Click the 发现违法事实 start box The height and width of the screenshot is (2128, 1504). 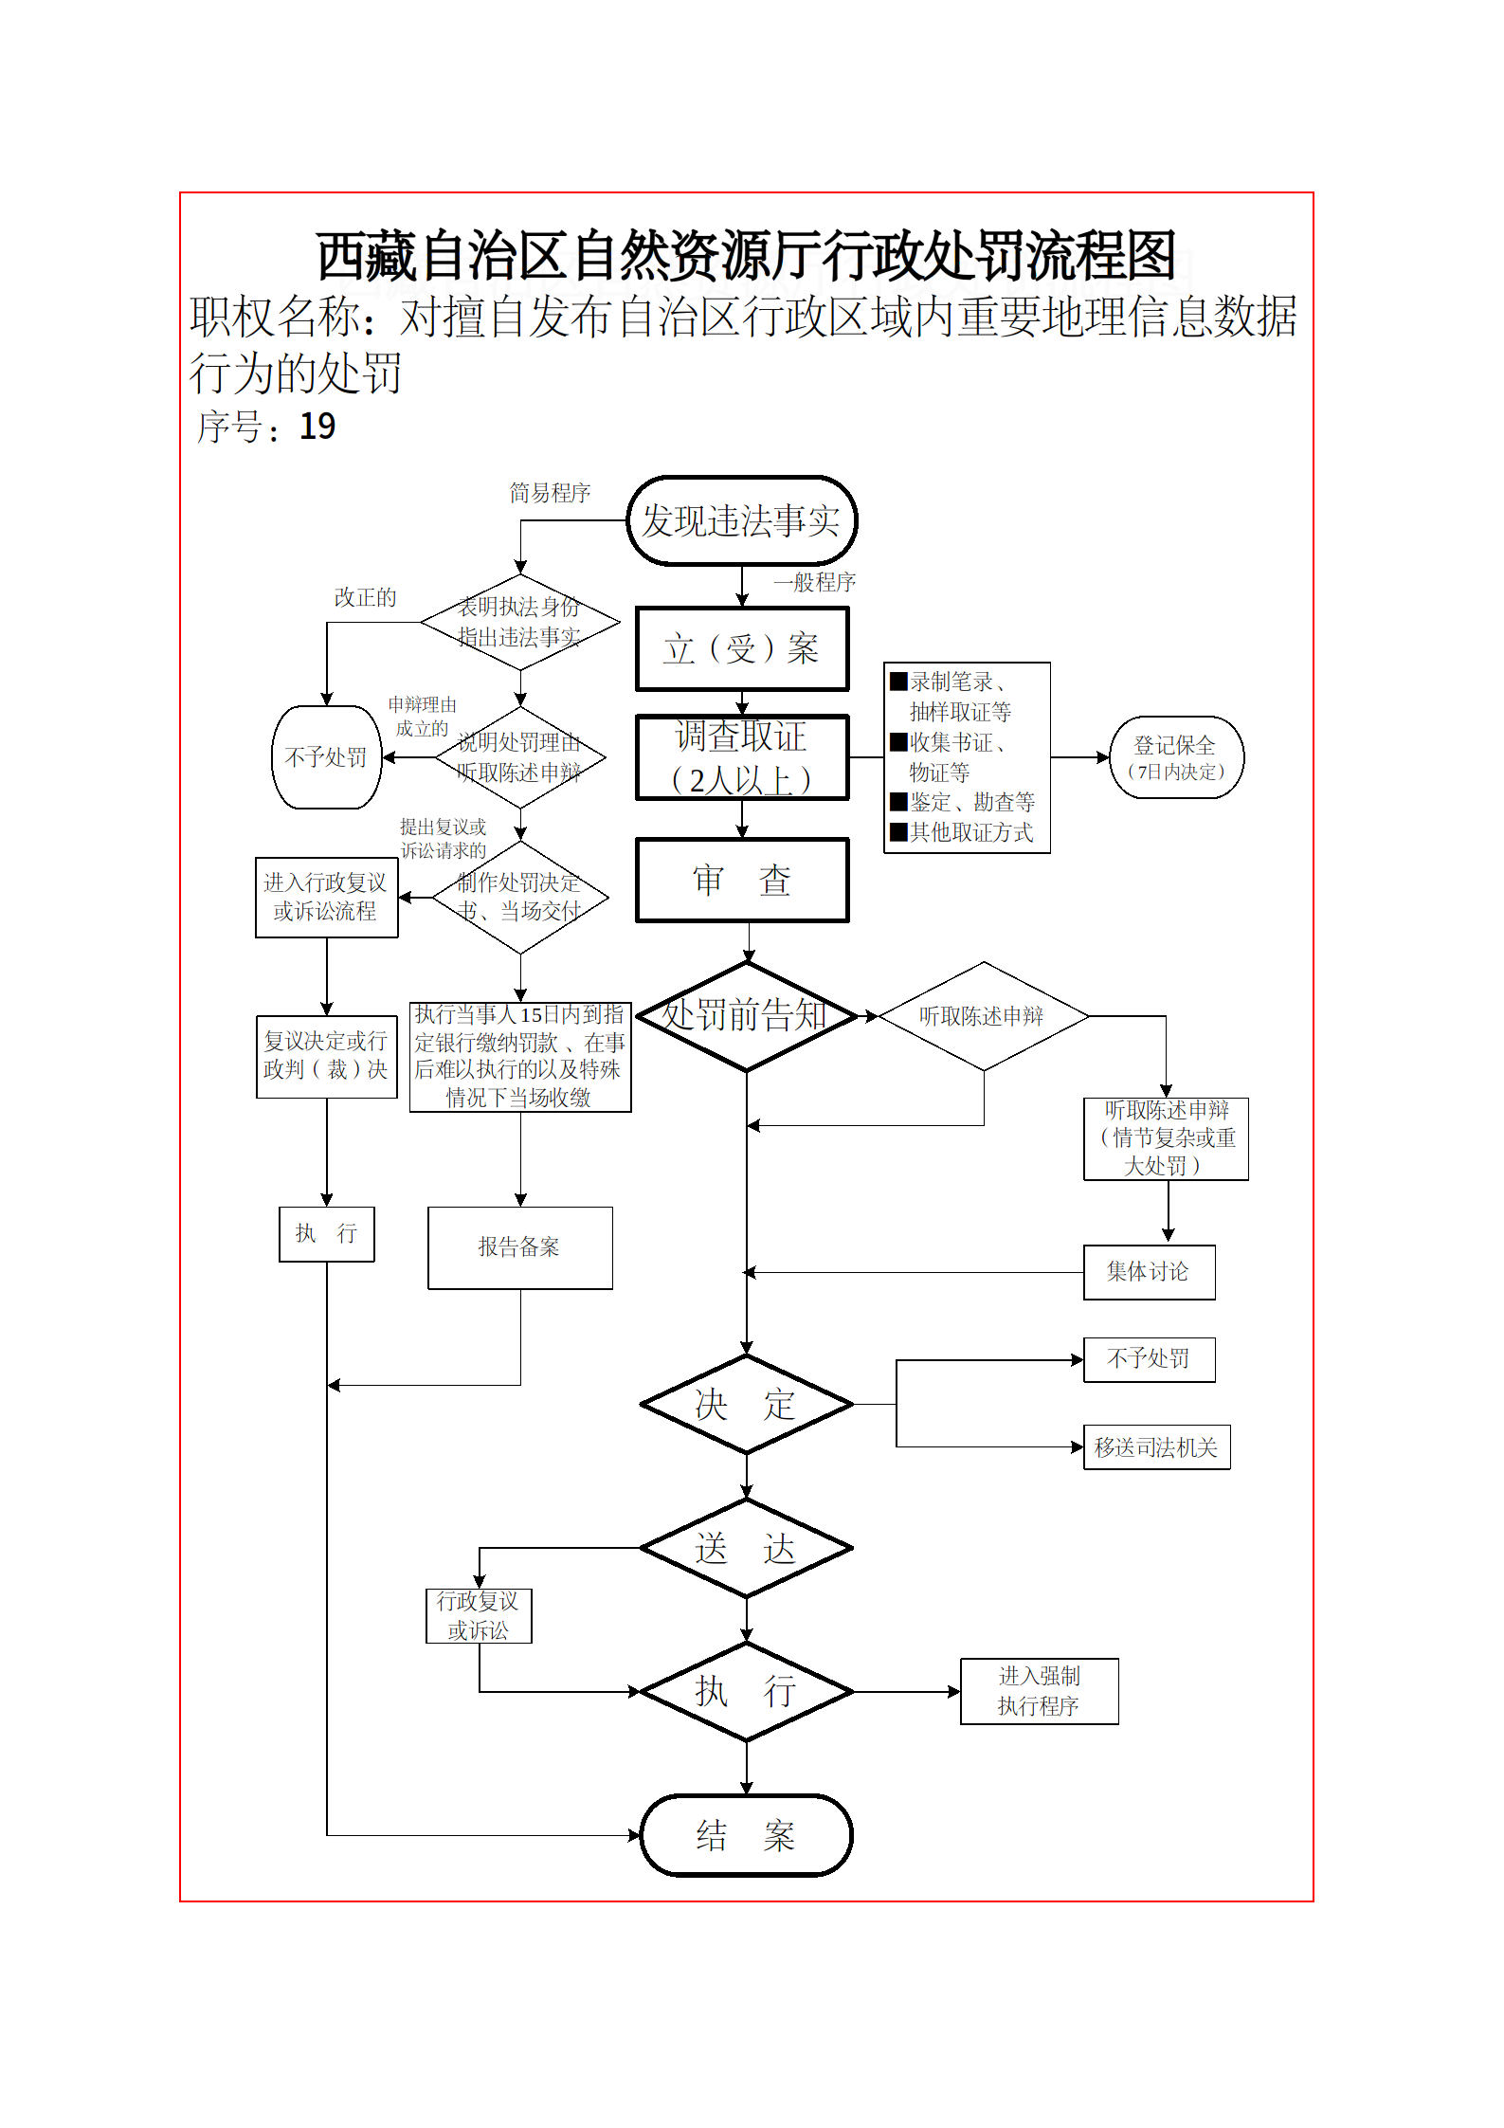click(x=741, y=520)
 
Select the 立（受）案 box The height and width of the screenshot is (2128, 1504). click(x=741, y=649)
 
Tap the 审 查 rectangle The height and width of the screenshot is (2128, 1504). click(x=741, y=880)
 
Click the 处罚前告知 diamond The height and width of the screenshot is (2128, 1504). click(x=747, y=1016)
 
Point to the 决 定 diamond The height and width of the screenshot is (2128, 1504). click(x=747, y=1404)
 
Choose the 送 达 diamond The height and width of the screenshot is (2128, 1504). click(x=747, y=1548)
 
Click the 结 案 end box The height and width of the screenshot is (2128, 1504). click(x=747, y=1835)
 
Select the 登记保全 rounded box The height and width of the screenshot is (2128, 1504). click(x=1176, y=757)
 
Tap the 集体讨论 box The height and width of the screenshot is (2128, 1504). click(x=1149, y=1272)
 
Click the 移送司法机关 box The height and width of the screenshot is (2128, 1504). click(x=1156, y=1447)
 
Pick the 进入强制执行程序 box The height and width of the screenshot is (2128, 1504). click(x=1039, y=1691)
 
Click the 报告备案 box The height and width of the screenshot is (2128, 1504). click(x=519, y=1247)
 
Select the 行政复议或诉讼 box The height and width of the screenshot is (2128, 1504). click(x=479, y=1615)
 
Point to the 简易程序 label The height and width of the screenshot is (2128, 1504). click(x=550, y=493)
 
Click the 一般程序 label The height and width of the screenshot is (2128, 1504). click(x=815, y=582)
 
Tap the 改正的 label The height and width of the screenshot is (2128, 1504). click(x=365, y=597)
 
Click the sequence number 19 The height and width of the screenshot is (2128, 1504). click(x=317, y=427)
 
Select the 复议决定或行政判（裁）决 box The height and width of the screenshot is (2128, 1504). click(x=326, y=1056)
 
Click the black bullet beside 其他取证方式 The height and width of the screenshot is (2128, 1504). click(x=898, y=832)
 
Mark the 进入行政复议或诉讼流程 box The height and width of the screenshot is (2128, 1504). click(x=326, y=897)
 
